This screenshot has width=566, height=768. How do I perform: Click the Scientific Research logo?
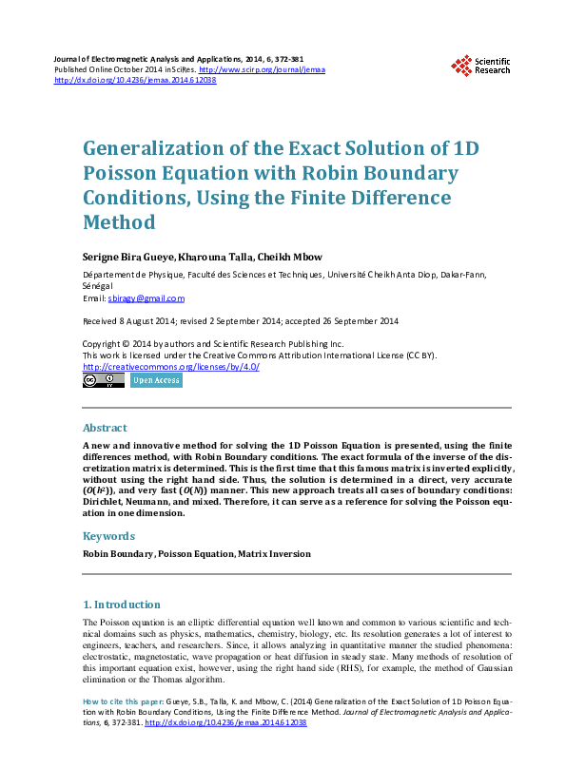pos(480,66)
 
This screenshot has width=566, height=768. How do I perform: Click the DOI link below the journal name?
pos(135,80)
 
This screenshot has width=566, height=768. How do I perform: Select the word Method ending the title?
pos(119,222)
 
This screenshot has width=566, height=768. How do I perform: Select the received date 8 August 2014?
pos(148,320)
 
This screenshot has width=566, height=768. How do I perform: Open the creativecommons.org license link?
pos(171,366)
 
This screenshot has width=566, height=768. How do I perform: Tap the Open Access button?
pos(156,380)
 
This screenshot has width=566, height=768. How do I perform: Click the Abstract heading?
pos(105,428)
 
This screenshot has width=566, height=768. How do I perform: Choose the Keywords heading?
pos(108,536)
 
